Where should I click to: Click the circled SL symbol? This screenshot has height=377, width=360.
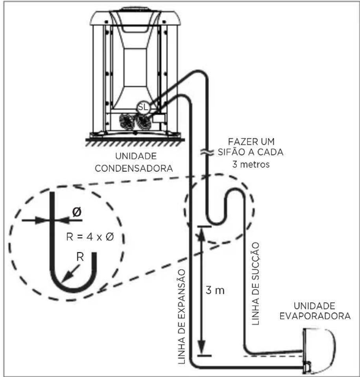coord(144,107)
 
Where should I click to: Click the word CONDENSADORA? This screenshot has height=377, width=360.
coord(134,168)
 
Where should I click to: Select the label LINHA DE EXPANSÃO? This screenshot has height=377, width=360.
coord(181,316)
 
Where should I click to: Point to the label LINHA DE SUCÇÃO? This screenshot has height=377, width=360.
coord(256,284)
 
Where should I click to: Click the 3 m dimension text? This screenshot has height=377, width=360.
coord(215,291)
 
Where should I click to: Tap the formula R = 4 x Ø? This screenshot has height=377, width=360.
coord(90,237)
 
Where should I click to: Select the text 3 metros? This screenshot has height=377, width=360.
coord(251,164)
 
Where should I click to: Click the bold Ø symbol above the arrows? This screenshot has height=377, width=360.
coord(77,212)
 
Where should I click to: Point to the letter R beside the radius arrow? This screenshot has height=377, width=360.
coord(80,257)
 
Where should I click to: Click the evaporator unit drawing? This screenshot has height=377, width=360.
coord(319,350)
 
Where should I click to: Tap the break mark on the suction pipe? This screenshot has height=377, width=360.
coord(207,153)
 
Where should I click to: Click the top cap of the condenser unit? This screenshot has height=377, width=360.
coord(135,17)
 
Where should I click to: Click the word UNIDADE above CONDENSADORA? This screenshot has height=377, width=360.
coord(136,156)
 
